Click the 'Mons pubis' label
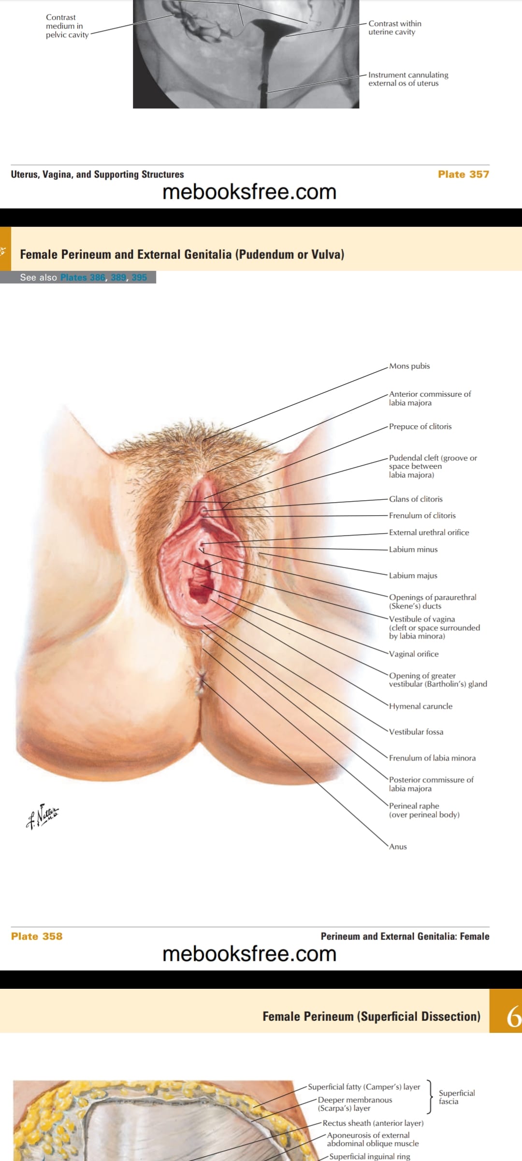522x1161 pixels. (409, 366)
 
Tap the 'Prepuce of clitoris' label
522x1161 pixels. (420, 427)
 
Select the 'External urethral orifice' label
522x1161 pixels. (429, 533)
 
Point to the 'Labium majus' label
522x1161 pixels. (413, 576)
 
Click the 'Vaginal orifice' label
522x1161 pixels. (414, 654)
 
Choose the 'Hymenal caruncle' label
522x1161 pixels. (420, 706)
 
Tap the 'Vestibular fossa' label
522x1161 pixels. (416, 732)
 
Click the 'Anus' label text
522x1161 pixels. (398, 847)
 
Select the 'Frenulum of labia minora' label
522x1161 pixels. (432, 758)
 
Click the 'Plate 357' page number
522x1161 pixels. (464, 174)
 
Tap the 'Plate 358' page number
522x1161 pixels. (37, 936)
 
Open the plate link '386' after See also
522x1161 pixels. (97, 277)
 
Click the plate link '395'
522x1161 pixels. (139, 277)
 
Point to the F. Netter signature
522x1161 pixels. (43, 816)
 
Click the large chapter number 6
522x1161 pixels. (513, 1016)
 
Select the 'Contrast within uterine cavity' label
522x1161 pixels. (395, 28)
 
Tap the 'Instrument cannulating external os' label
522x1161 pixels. (408, 79)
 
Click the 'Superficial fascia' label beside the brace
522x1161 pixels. (457, 1097)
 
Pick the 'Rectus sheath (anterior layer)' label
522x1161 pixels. (373, 1123)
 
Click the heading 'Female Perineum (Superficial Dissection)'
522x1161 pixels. (371, 1016)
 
